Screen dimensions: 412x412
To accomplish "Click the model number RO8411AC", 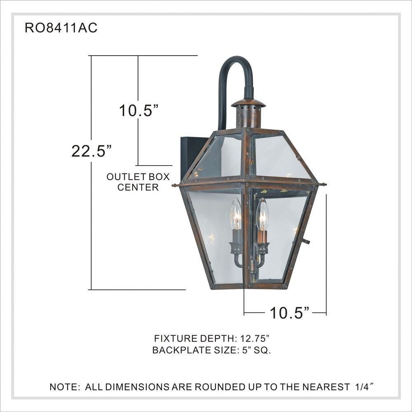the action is point(61,28).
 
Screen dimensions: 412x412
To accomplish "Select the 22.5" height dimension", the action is point(92,151).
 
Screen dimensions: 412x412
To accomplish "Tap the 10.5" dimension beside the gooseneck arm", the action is point(139,110).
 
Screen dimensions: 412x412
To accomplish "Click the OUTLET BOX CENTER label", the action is point(138,182).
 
